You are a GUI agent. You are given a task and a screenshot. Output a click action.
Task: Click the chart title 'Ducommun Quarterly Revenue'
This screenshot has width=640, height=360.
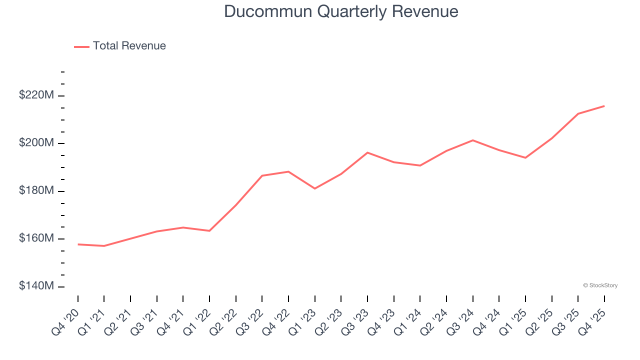tap(341, 11)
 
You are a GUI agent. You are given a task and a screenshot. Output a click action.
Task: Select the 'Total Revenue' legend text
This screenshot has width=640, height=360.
tap(129, 46)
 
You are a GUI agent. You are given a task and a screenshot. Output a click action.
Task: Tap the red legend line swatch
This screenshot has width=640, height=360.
tap(81, 46)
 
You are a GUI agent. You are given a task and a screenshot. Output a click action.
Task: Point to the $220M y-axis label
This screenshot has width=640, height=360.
tap(35, 95)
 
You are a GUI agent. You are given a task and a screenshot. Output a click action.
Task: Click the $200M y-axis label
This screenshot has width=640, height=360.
tap(35, 143)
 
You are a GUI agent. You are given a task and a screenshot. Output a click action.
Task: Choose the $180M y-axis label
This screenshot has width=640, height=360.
tap(35, 191)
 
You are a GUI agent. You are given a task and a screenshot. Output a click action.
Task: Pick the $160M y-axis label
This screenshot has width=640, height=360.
tap(35, 238)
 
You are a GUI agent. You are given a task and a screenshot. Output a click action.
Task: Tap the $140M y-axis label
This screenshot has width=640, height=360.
tap(35, 286)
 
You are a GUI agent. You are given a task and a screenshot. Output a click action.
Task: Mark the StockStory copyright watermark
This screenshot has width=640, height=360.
tap(600, 285)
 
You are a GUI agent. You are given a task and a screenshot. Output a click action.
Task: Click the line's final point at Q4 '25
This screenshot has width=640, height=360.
tap(604, 106)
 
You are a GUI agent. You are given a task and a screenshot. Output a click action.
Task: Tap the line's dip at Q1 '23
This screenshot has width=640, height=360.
tap(314, 188)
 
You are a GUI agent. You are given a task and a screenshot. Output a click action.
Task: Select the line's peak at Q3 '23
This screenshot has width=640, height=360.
tap(367, 152)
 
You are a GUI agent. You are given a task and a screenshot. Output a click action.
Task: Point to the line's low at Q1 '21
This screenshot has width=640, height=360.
tap(104, 246)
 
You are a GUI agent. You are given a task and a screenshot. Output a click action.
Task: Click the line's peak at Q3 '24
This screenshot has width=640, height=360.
tap(472, 140)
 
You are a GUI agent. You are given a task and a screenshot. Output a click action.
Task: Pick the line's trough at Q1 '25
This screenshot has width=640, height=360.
tap(525, 158)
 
